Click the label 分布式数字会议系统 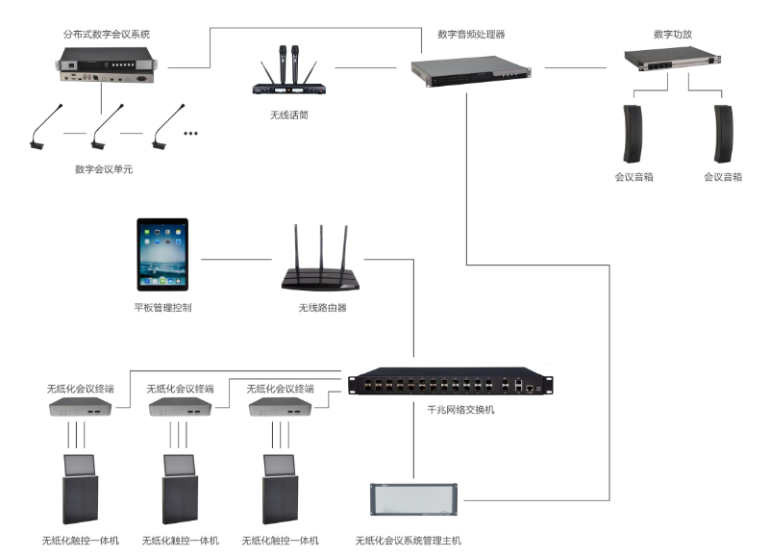click(x=107, y=34)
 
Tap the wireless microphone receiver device click(x=288, y=88)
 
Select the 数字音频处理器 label click(x=471, y=34)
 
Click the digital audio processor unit click(x=471, y=71)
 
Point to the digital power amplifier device click(x=673, y=62)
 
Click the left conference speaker click(x=632, y=133)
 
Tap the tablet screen click(x=162, y=254)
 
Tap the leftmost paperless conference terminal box click(x=81, y=408)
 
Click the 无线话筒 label click(x=288, y=114)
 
